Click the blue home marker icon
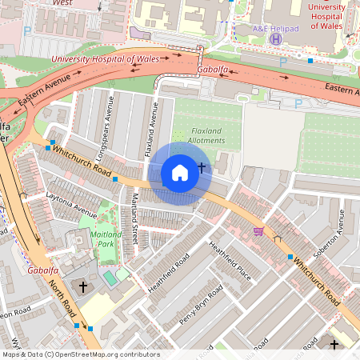point(180,173)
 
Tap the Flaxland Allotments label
point(197,136)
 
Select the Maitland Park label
point(106,239)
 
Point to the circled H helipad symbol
point(276,38)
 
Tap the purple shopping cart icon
point(258,231)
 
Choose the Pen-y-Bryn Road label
point(198,304)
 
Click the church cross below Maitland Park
point(83,286)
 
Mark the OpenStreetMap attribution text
point(80,354)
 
